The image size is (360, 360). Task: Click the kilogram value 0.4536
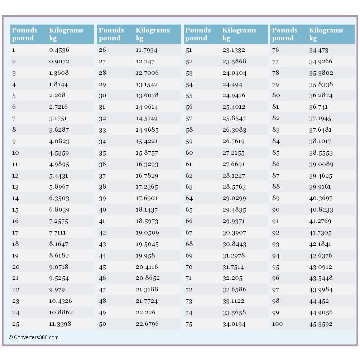[x=59, y=50]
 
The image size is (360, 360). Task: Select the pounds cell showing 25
[x=16, y=324]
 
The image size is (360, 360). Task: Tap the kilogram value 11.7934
[x=146, y=50]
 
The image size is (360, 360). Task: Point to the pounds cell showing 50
[x=102, y=324]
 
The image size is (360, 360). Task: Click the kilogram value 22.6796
[x=146, y=324]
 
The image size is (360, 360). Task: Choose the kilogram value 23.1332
[x=233, y=50]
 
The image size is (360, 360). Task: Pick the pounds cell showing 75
[x=189, y=324]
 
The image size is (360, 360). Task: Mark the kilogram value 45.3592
[x=320, y=324]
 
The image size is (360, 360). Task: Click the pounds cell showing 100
[x=277, y=324]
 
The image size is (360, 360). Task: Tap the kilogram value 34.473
[x=319, y=50]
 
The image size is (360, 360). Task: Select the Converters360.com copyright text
[x=33, y=337]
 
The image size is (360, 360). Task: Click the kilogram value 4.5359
[x=59, y=153]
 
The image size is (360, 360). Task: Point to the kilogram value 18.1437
[x=146, y=210]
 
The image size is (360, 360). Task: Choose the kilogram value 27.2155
[x=233, y=153]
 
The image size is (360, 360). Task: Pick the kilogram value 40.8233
[x=321, y=210]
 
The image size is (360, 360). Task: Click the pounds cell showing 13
[x=15, y=187]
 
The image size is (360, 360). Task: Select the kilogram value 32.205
[x=232, y=278]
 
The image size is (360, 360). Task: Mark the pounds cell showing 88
[x=276, y=187]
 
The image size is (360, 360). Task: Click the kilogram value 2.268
[x=57, y=96]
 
